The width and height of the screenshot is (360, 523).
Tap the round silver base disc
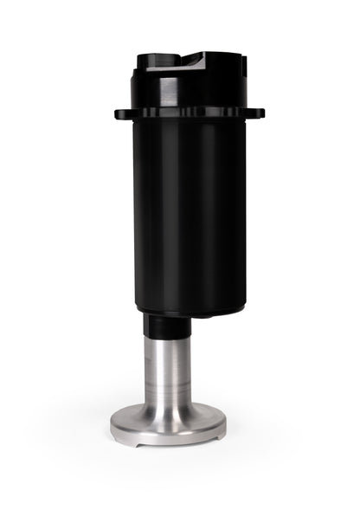pos(168,425)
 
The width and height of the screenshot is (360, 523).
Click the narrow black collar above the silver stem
pos(166,326)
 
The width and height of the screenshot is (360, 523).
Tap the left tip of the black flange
pos(117,113)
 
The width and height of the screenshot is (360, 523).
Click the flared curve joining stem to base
pos(168,407)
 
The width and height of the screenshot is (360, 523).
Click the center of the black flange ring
pos(189,113)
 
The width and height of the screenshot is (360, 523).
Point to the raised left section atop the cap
pos(156,57)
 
